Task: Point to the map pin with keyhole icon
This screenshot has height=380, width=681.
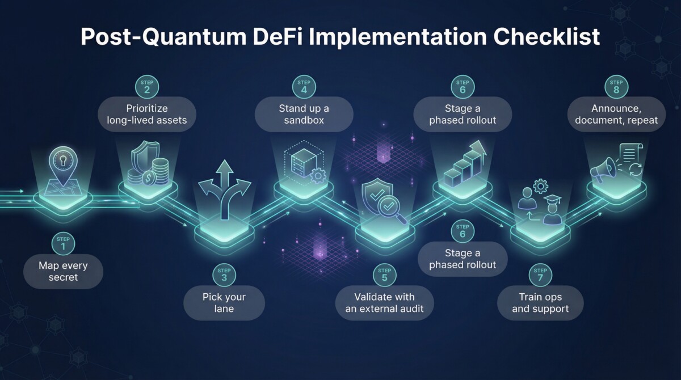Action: (x=63, y=163)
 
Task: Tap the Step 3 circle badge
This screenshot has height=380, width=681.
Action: (x=224, y=275)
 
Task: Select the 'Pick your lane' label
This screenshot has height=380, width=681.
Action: (x=224, y=303)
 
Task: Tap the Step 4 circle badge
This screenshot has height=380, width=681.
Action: (x=304, y=86)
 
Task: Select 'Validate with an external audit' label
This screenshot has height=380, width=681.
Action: (x=384, y=303)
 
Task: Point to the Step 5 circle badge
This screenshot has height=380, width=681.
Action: (x=384, y=275)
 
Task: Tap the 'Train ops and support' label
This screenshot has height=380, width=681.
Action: (x=540, y=303)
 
